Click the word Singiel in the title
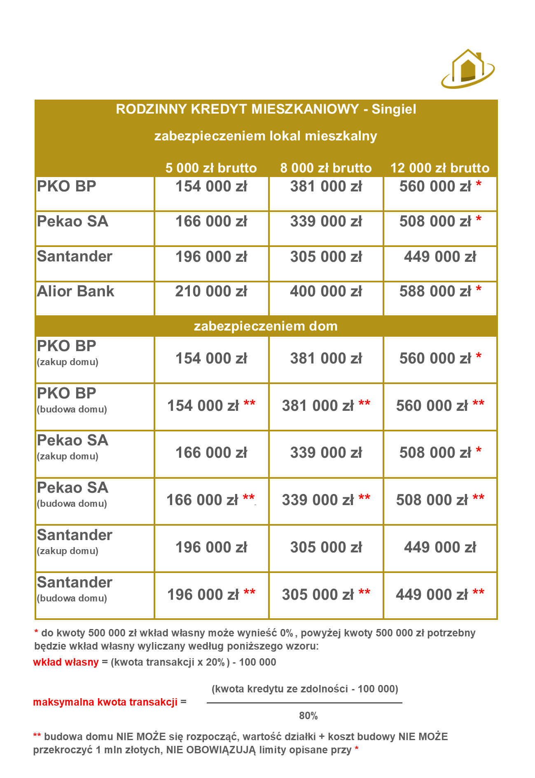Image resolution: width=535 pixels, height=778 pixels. point(394,109)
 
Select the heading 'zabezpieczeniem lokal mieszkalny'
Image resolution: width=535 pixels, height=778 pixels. point(266,136)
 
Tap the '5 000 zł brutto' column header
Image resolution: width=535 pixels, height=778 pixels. point(211,168)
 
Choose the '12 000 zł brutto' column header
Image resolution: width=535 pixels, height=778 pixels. point(440,168)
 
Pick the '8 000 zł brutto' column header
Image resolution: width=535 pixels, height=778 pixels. point(326,168)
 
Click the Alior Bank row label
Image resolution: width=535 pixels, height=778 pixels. point(76,291)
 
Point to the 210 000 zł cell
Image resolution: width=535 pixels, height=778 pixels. point(211,291)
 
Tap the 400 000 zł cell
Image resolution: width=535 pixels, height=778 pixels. point(326,291)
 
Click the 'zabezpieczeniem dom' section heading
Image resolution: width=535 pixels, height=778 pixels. point(266,326)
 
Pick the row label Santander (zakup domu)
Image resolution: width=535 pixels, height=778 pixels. point(75,542)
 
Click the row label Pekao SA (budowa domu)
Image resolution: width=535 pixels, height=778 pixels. point(72,494)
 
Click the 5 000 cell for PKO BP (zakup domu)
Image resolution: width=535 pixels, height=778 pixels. point(211,359)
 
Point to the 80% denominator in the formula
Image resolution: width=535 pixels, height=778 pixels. point(308,716)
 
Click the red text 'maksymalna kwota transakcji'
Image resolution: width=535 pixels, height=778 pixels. point(105,702)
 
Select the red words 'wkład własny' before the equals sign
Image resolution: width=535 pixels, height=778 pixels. point(66,662)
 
